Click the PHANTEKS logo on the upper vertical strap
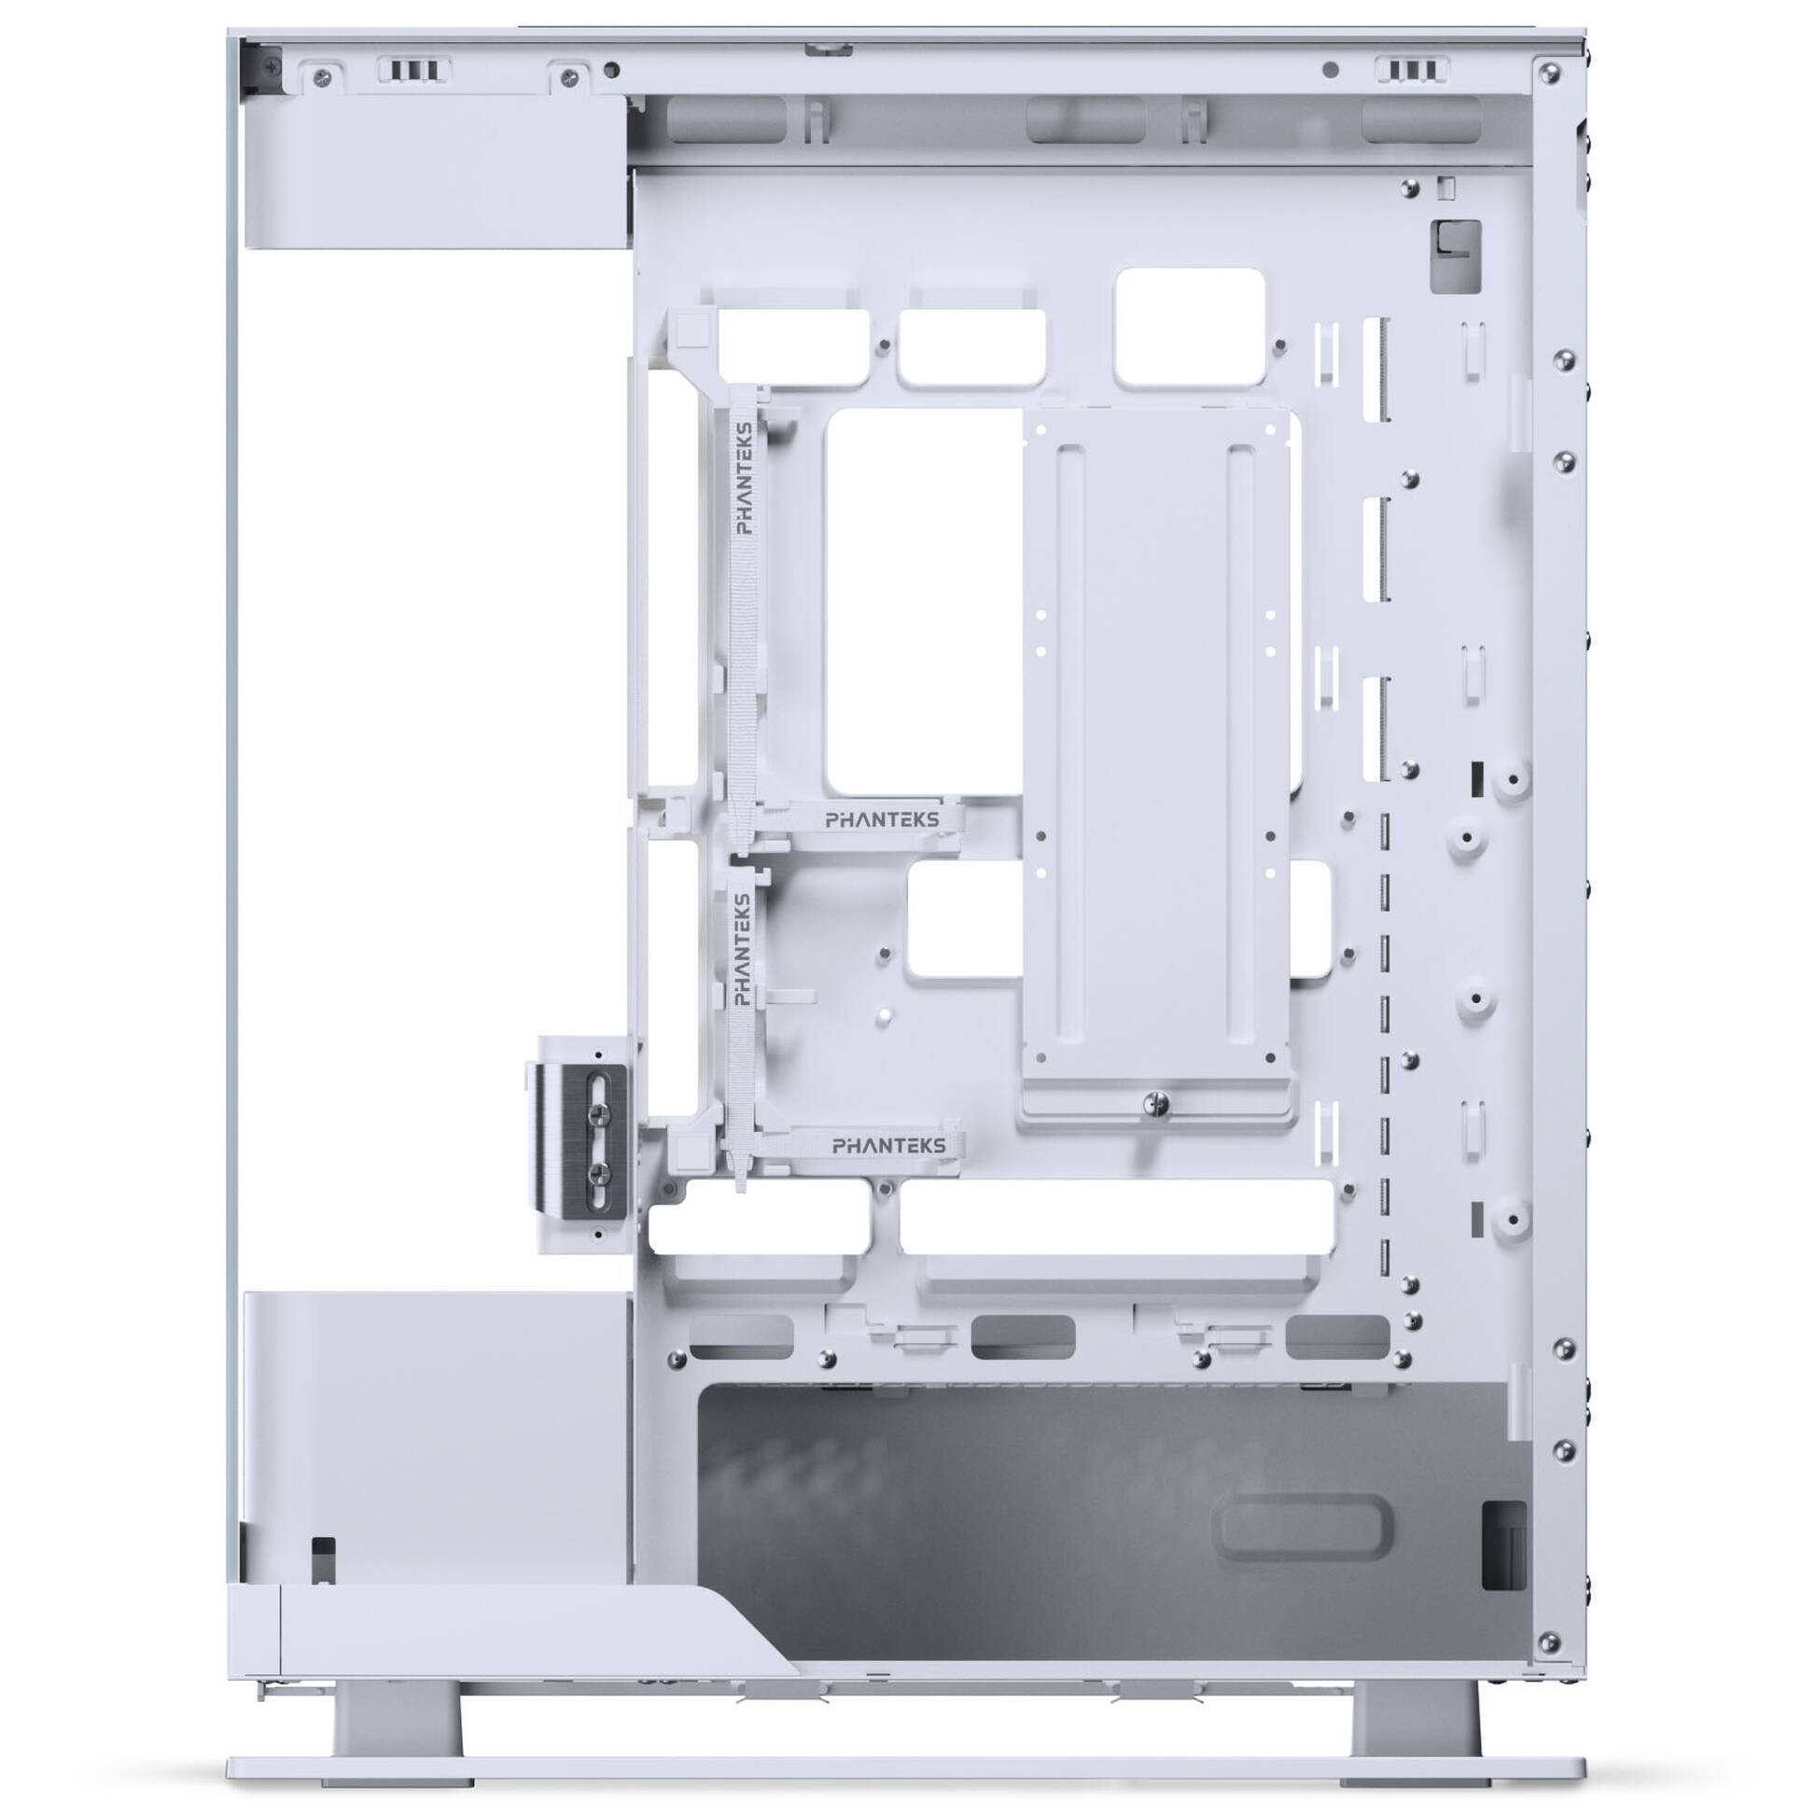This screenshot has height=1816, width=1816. click(x=744, y=479)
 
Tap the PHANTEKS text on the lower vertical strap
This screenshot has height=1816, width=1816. click(x=743, y=949)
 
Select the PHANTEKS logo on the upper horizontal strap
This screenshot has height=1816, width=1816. click(x=882, y=819)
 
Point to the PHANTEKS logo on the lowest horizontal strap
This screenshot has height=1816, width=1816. click(x=889, y=1146)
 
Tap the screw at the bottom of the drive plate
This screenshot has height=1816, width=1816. click(x=1159, y=1105)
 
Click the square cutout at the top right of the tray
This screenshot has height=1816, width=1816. click(x=1188, y=327)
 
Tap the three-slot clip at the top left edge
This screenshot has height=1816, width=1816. click(x=413, y=72)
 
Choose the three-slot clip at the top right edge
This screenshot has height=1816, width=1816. click(x=1412, y=72)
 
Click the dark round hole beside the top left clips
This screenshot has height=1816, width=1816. click(x=613, y=70)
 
